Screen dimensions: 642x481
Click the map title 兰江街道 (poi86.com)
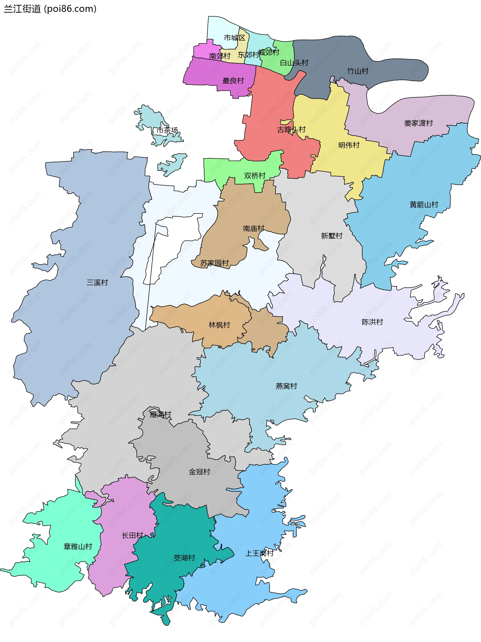point(50,9)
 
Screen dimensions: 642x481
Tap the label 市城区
point(234,38)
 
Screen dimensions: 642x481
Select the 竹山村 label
point(358,71)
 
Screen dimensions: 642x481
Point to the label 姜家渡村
point(418,123)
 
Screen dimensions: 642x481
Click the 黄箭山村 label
point(424,205)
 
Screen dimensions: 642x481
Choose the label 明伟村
point(349,145)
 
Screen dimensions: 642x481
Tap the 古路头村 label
point(291,130)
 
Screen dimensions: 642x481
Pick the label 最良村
point(233,81)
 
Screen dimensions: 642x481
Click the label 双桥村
point(255,176)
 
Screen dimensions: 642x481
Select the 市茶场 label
point(167,130)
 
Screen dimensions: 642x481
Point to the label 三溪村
point(97,282)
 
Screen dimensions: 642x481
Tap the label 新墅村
point(331,236)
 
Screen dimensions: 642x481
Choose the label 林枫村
point(219,325)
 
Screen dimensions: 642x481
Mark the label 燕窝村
point(286,386)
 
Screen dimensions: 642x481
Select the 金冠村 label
point(199,472)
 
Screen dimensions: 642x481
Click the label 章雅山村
point(78,547)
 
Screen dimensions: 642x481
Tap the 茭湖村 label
point(184,558)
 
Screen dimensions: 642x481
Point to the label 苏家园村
point(214,263)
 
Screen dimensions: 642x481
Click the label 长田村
point(132,535)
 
